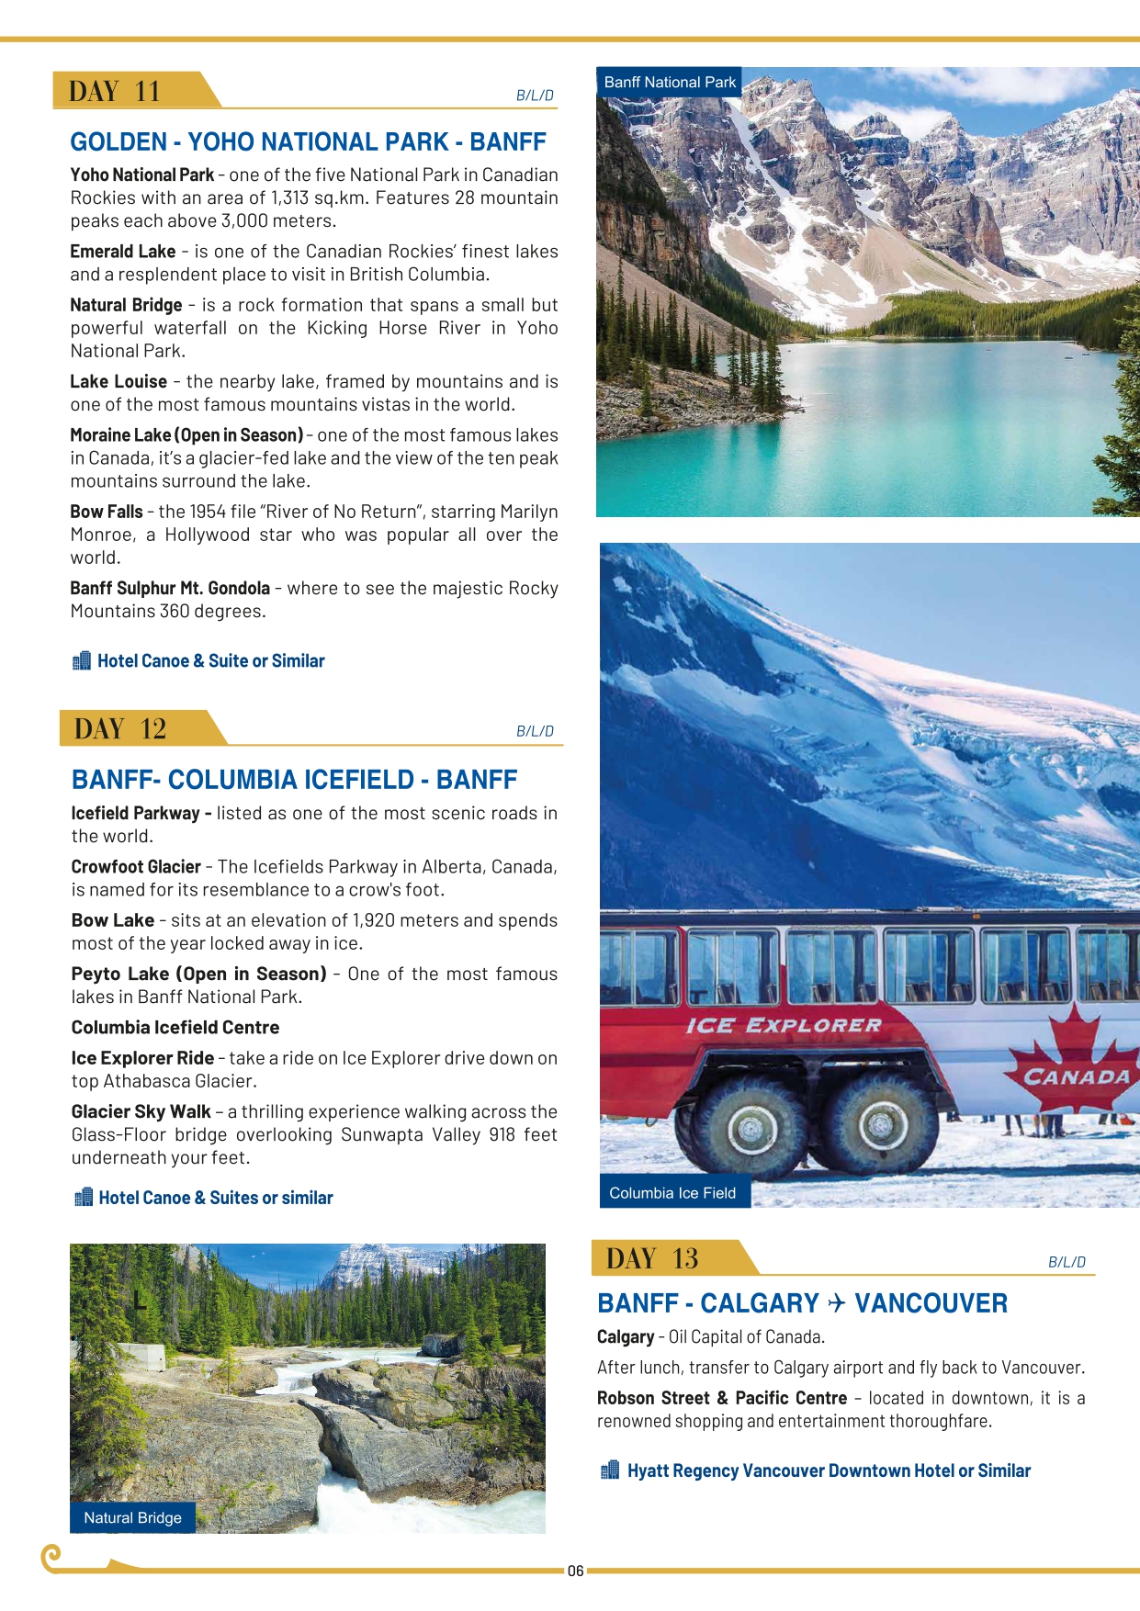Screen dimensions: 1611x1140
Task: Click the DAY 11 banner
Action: [x=115, y=91]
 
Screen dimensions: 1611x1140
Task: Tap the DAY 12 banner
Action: [x=120, y=728]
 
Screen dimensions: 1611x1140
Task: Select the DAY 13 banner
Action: [x=652, y=1258]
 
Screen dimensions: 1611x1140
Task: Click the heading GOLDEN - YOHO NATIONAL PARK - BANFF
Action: [x=308, y=141]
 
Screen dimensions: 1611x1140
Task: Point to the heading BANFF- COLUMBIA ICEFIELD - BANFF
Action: [x=294, y=780]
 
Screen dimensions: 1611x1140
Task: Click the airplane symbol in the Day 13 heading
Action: [x=836, y=1303]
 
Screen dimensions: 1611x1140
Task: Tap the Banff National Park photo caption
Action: [x=670, y=82]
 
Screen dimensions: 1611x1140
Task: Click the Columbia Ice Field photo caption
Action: [x=672, y=1193]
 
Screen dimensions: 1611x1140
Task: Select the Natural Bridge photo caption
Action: [x=132, y=1517]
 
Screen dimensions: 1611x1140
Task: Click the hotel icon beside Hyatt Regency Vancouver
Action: [x=609, y=1470]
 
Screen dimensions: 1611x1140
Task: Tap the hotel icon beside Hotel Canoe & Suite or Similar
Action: [x=81, y=660]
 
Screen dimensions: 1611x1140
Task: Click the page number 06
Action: [x=575, y=1571]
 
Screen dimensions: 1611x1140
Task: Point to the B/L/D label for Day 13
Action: [x=1067, y=1262]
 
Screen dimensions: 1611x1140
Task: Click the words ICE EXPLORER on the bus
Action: [x=783, y=1025]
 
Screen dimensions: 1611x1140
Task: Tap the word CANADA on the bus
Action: [x=1076, y=1076]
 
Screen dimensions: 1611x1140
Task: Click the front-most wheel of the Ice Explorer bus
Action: [x=881, y=1124]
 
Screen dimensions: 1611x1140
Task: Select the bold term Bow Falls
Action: [x=107, y=512]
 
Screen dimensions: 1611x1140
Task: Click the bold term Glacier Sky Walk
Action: [x=141, y=1111]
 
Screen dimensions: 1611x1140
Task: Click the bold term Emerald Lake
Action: [x=123, y=252]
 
